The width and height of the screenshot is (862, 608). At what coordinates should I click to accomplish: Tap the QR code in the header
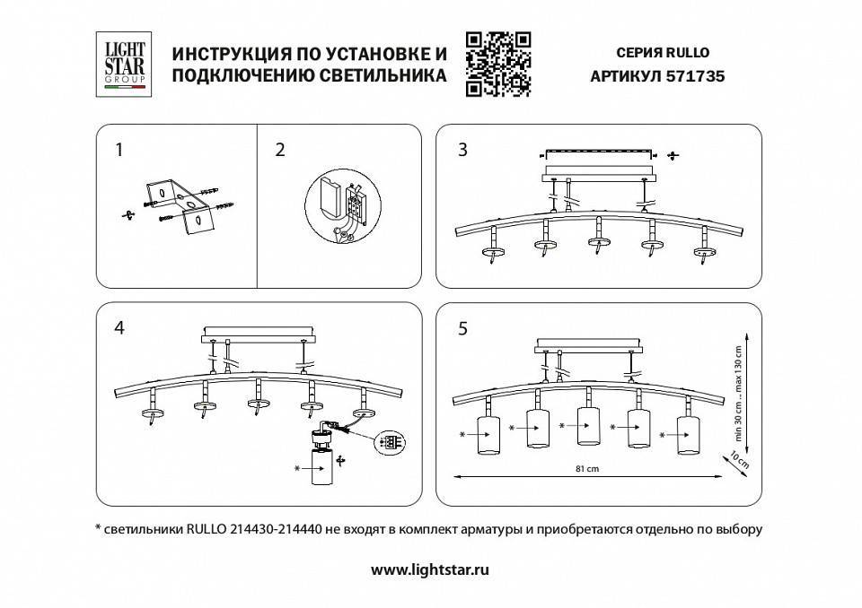click(499, 63)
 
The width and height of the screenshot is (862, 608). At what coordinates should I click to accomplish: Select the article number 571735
click(696, 77)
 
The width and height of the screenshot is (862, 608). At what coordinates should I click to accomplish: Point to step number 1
click(118, 151)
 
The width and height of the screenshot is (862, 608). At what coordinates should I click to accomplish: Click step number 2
click(280, 151)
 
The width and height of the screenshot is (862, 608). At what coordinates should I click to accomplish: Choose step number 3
click(462, 150)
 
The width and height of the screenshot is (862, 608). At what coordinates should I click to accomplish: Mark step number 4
click(119, 327)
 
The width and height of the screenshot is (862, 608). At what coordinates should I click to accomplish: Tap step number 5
click(462, 329)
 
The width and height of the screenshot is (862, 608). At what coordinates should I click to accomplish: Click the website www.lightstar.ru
click(430, 569)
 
